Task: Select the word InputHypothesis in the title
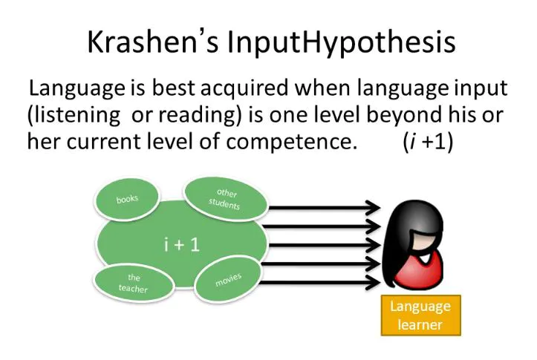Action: coord(341,43)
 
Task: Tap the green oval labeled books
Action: coord(127,199)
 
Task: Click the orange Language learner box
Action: coord(420,315)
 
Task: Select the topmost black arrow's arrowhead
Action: coord(371,207)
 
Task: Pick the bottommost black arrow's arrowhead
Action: coord(371,281)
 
